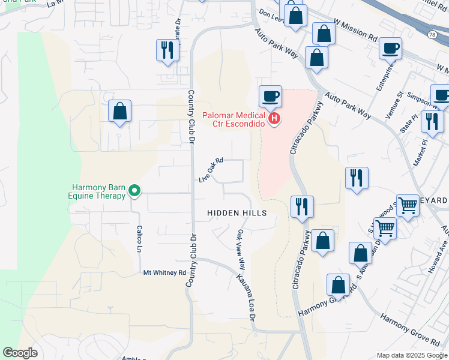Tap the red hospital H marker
(x=274, y=119)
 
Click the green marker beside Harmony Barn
(x=135, y=191)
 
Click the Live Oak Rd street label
(x=211, y=170)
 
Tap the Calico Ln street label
(x=139, y=239)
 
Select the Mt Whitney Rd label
(x=164, y=272)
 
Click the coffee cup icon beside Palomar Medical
(x=270, y=95)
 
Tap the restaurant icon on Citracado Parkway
(x=300, y=206)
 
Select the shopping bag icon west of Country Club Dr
(x=119, y=110)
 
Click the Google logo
(x=20, y=353)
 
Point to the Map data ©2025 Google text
(x=411, y=355)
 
